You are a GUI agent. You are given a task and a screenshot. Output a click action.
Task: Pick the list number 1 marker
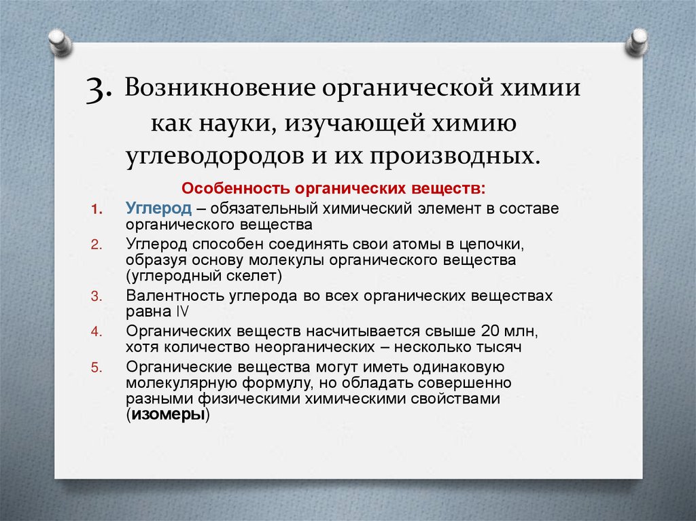(x=96, y=209)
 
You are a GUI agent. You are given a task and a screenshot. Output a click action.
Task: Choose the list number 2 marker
(x=96, y=244)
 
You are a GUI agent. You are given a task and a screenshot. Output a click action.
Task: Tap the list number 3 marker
(x=96, y=296)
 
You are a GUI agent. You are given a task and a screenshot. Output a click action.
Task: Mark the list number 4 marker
(x=96, y=332)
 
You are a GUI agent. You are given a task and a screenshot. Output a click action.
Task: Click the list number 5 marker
(x=96, y=367)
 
